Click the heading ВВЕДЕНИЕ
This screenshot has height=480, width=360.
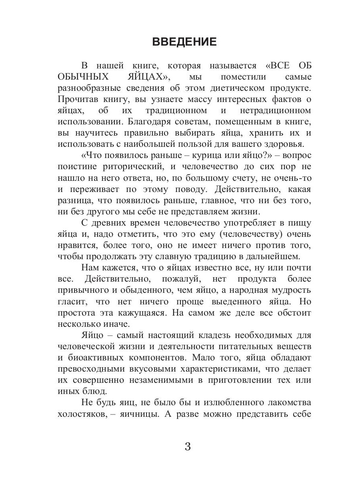point(184,42)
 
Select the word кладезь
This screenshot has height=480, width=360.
point(192,334)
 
